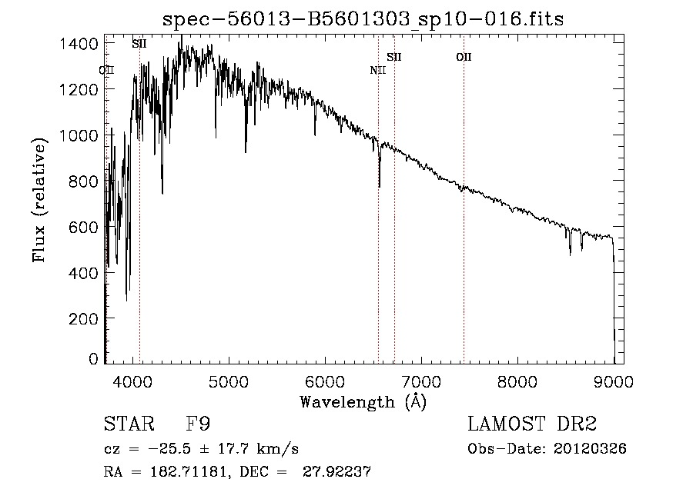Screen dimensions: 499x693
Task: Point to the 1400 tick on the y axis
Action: click(x=79, y=44)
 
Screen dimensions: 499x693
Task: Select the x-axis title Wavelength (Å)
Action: click(x=363, y=401)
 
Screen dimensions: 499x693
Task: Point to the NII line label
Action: click(x=377, y=71)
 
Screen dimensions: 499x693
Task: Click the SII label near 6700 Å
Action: click(x=394, y=57)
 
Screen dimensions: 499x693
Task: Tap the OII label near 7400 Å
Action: click(x=464, y=57)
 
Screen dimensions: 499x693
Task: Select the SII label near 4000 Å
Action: click(x=139, y=44)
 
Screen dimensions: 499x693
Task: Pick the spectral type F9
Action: click(x=198, y=424)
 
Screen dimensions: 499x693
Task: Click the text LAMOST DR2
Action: click(x=532, y=424)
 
